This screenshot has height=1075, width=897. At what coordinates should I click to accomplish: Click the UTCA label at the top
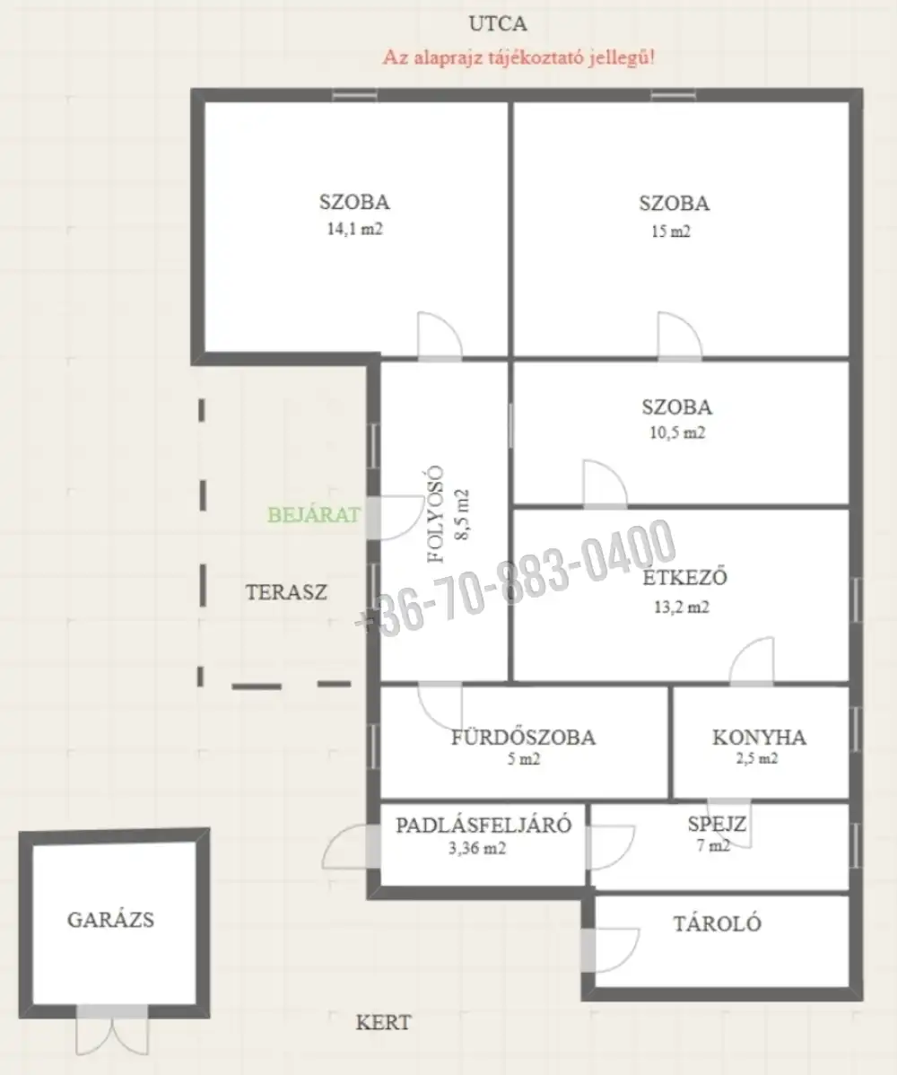[498, 24]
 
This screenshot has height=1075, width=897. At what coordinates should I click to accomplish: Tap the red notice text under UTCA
[518, 57]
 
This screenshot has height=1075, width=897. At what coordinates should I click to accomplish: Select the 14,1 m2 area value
[354, 229]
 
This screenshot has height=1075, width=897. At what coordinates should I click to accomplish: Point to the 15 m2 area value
[671, 231]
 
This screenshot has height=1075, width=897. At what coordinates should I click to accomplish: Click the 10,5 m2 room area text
[677, 433]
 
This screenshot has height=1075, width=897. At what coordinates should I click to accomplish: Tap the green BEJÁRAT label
[314, 514]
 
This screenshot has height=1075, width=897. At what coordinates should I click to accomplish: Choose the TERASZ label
[286, 592]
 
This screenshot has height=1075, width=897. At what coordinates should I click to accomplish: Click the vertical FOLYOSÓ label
[436, 514]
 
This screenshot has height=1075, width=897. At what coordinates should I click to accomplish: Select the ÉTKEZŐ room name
[684, 577]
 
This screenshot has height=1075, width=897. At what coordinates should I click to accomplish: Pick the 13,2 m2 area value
[681, 607]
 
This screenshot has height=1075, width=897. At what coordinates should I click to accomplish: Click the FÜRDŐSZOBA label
[523, 737]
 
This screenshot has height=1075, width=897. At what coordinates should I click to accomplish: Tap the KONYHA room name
[759, 737]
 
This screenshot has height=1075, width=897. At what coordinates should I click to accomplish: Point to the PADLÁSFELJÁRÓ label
[483, 824]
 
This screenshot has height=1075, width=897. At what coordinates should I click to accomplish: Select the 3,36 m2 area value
[477, 849]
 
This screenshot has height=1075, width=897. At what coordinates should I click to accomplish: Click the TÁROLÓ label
[717, 923]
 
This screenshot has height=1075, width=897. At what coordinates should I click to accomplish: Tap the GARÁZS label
[110, 920]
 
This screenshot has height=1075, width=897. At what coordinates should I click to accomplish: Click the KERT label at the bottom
[384, 1022]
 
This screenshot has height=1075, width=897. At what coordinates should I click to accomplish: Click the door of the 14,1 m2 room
[440, 336]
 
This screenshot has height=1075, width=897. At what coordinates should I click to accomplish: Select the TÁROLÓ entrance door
[610, 949]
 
